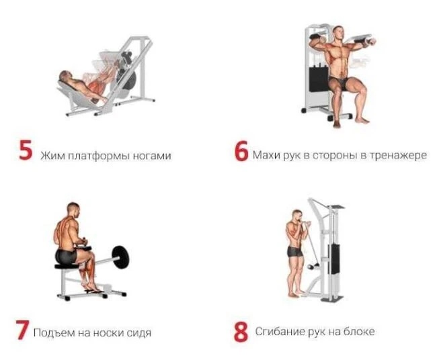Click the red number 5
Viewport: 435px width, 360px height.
[x=26, y=150]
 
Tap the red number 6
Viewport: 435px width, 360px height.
[x=241, y=151]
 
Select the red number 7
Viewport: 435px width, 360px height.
[x=22, y=330]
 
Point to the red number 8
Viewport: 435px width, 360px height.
[x=241, y=331]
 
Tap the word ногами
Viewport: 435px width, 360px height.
[x=152, y=156]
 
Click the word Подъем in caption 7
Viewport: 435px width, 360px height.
[x=54, y=332]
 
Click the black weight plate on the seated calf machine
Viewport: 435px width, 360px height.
[x=120, y=257]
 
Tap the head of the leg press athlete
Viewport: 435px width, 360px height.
[x=65, y=75]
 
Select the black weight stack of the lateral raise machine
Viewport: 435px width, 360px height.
[x=319, y=79]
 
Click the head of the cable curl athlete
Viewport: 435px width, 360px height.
[x=297, y=215]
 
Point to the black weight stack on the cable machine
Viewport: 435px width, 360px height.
[x=333, y=259]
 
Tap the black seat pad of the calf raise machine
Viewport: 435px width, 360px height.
[x=67, y=266]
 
